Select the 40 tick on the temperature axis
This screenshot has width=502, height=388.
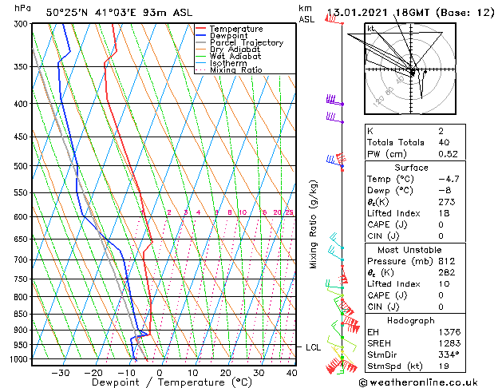(291, 372)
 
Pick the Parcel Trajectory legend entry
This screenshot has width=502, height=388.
(246, 43)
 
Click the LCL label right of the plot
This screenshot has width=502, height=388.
(313, 347)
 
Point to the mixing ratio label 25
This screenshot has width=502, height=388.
(289, 213)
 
